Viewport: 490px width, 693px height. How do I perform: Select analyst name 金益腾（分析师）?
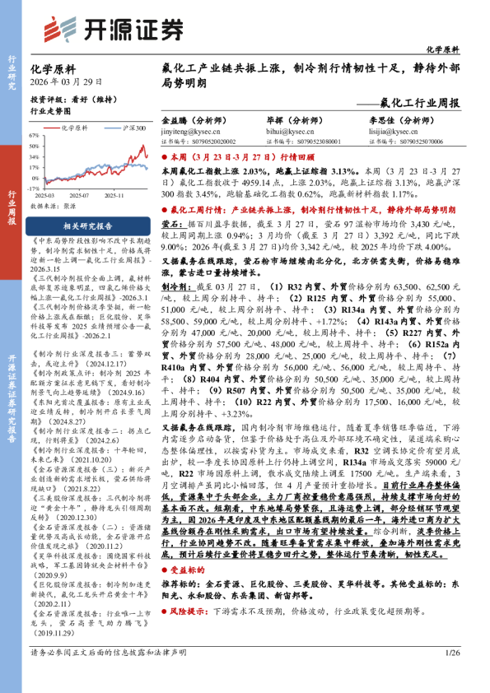click(194, 120)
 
